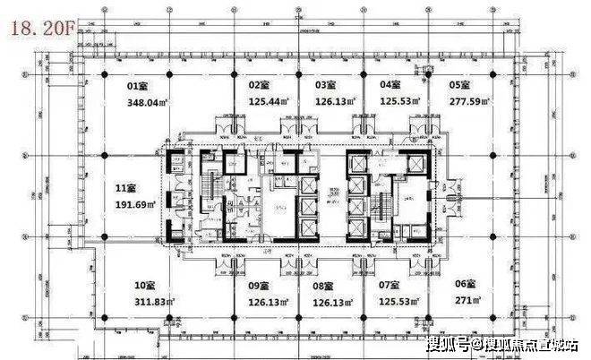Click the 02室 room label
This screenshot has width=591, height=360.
click(259, 85)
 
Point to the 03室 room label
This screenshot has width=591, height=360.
click(325, 85)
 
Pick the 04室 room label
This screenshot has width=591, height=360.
click(390, 85)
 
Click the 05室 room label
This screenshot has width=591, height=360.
click(459, 85)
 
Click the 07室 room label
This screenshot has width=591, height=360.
click(391, 285)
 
